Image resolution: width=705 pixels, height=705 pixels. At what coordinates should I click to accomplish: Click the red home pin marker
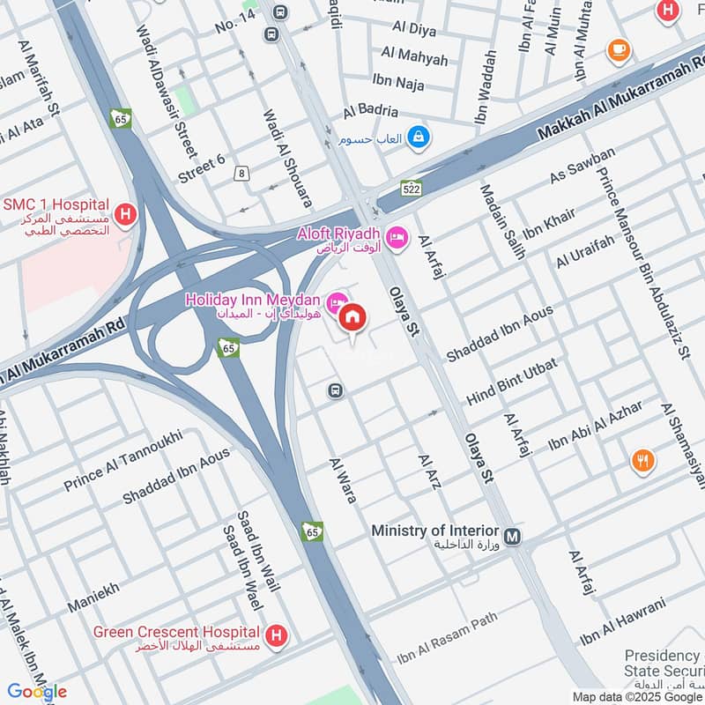coord(352,318)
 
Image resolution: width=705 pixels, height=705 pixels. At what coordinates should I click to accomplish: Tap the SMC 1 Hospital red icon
coord(125,213)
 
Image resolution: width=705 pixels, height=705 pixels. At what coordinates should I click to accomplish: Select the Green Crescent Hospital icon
coord(277,634)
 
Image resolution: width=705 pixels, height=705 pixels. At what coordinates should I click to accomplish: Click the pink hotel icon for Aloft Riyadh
coord(397,237)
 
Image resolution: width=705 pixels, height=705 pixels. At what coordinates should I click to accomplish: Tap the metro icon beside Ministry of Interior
coord(513,535)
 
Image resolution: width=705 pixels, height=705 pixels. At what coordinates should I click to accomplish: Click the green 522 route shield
coord(411,188)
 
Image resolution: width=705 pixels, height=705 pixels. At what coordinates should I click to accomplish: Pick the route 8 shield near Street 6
coord(241,174)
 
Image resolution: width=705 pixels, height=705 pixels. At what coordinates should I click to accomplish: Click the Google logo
coord(37,692)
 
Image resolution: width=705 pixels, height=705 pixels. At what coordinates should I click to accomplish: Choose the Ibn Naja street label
coord(398,83)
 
